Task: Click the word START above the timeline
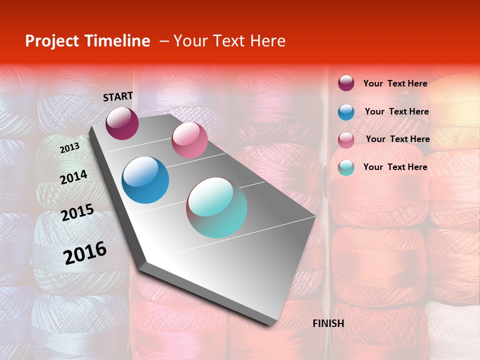(x=118, y=96)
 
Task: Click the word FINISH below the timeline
(x=328, y=323)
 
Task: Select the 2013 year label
(x=69, y=148)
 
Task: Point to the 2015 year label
(x=77, y=212)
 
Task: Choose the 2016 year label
(x=85, y=253)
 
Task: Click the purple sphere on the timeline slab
(x=122, y=123)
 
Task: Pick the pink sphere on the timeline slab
(x=189, y=140)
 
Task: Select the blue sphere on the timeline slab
(x=145, y=180)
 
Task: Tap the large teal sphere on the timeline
(x=216, y=207)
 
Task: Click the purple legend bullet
(x=346, y=83)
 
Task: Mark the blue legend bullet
(x=346, y=111)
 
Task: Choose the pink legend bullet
(x=346, y=139)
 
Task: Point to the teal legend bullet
(x=346, y=167)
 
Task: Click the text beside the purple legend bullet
(x=395, y=83)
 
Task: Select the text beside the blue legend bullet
(x=396, y=111)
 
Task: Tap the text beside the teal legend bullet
(x=395, y=167)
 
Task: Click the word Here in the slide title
(x=267, y=41)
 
